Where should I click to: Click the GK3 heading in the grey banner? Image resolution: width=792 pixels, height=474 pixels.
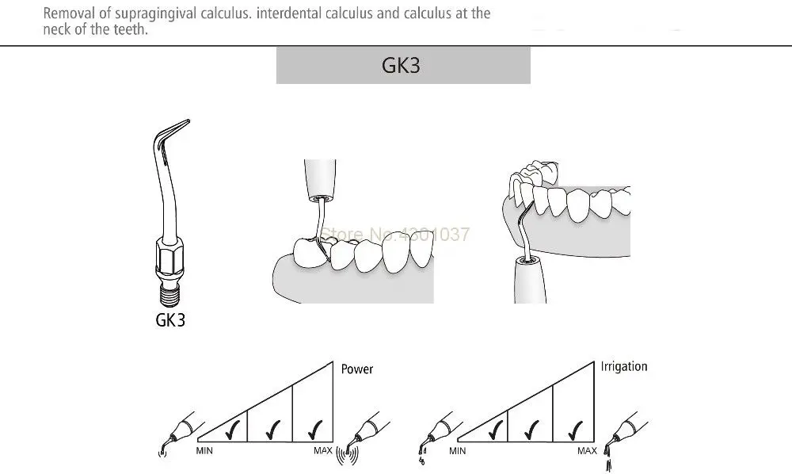402,65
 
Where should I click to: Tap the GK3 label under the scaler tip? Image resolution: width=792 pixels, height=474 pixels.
170,322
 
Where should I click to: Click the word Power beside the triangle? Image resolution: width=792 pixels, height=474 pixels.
356,369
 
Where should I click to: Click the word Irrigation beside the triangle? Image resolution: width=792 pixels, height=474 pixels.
623,366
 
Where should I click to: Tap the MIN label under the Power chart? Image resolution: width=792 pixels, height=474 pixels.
204,451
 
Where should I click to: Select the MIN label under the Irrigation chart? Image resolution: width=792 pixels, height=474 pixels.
457,451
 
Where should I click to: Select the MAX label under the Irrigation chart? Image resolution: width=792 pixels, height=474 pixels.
587,451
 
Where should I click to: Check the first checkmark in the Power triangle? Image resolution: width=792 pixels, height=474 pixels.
231,430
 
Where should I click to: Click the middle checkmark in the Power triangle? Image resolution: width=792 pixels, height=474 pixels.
270,430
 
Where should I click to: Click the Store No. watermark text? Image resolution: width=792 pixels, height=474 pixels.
394,234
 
